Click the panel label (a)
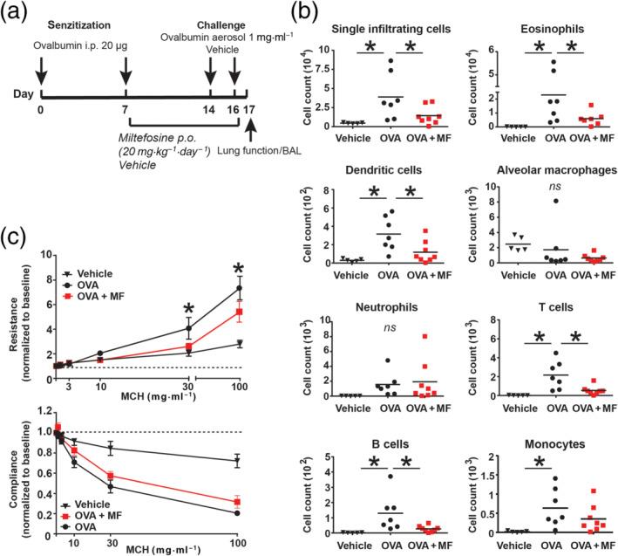(19, 17)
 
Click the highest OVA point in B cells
(406, 477)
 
